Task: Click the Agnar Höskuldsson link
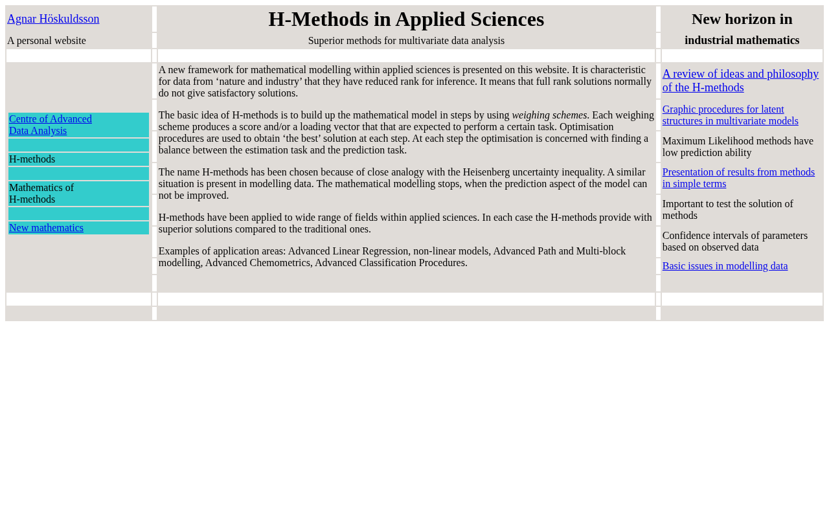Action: (x=53, y=19)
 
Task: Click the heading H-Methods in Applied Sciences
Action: (x=406, y=19)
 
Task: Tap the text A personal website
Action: (x=47, y=41)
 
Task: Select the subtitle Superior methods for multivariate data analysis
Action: (x=406, y=41)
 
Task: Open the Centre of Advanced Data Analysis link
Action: (x=51, y=125)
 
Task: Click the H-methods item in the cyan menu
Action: (x=32, y=159)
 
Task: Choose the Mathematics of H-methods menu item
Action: (x=41, y=194)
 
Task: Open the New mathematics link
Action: (x=46, y=228)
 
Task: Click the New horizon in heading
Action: (x=742, y=19)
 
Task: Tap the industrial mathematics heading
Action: (x=742, y=40)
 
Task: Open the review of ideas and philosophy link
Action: (x=740, y=81)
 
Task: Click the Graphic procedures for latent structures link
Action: (x=730, y=115)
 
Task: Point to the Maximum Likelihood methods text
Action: (x=738, y=147)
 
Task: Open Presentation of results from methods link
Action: (x=738, y=178)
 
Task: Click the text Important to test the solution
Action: (x=727, y=210)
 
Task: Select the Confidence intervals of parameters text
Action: (x=734, y=242)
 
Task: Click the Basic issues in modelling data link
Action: (x=725, y=266)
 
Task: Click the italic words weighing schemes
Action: (x=549, y=115)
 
